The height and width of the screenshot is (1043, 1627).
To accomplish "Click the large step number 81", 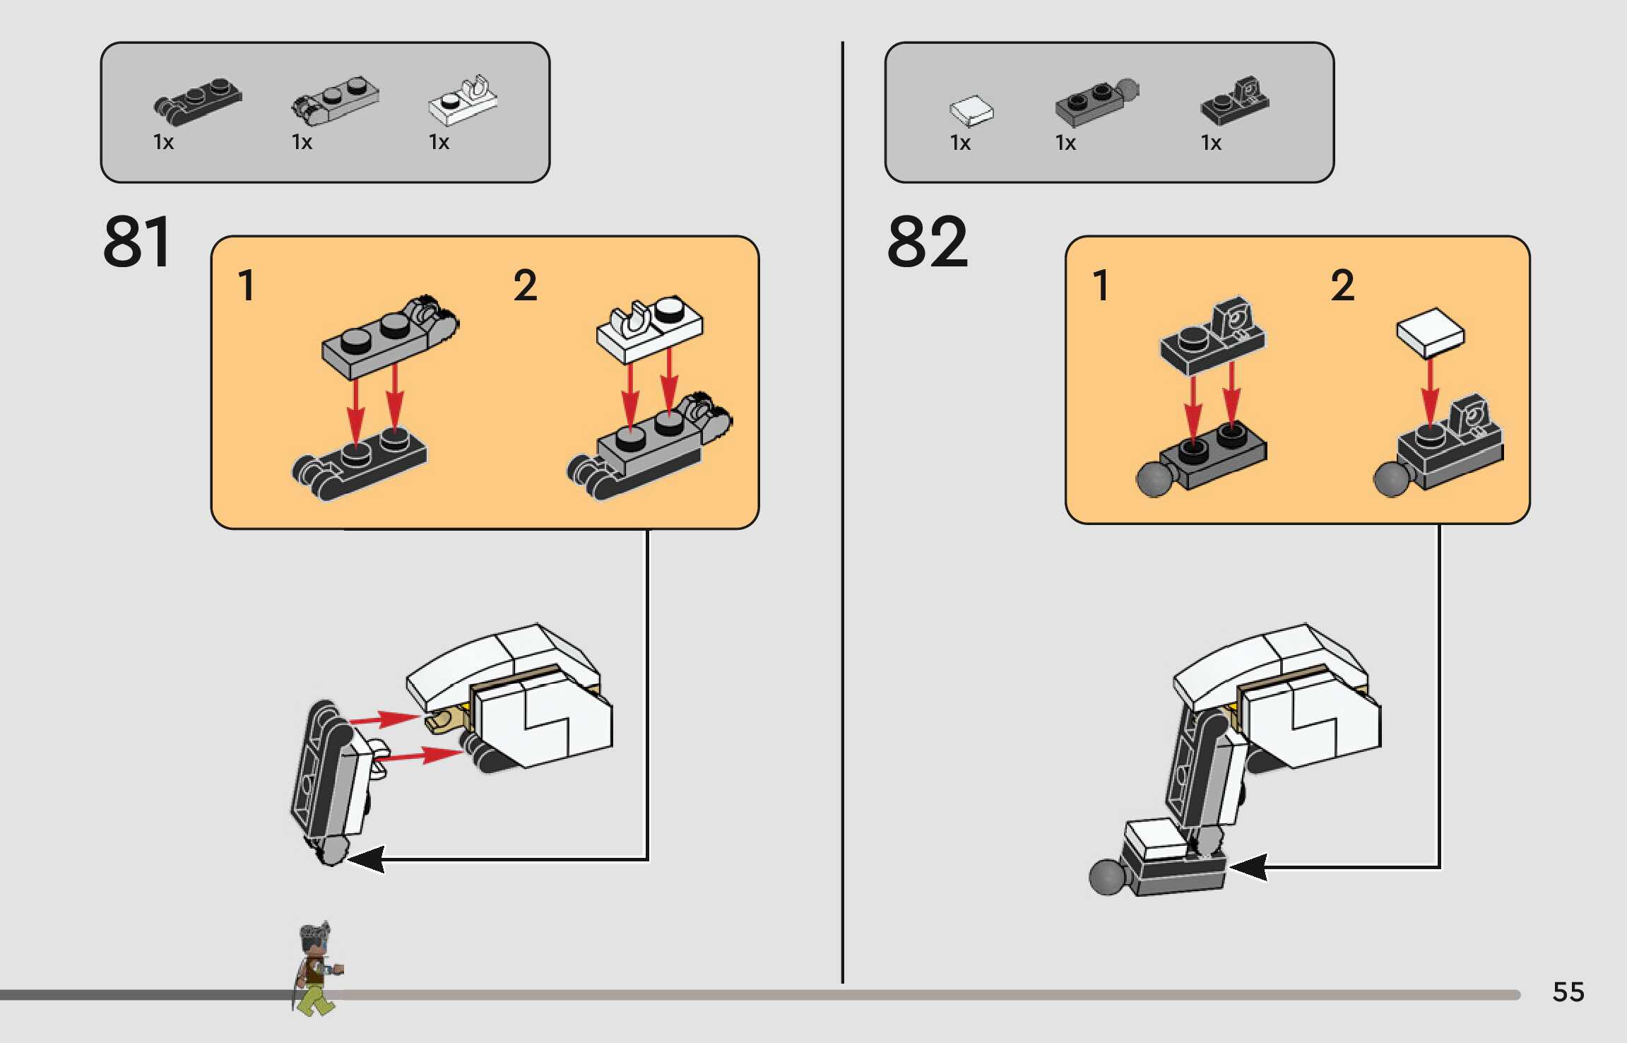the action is point(137,242).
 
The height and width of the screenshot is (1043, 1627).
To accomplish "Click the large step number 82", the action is point(927,242).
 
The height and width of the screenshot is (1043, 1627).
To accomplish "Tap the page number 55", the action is point(1568,992).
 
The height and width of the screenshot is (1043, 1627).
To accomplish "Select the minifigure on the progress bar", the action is point(318,968).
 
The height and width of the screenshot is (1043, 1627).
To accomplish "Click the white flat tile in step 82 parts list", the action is point(971,111).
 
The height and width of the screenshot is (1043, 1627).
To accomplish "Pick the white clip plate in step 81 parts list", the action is point(463,100).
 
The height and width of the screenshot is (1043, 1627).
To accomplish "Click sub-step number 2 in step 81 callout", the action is point(525,285).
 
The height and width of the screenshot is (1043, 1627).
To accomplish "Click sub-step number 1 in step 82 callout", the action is point(1100,285).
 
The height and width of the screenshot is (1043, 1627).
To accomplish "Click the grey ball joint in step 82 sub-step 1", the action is point(1154,479).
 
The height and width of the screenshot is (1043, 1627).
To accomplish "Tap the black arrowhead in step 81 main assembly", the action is point(366,859).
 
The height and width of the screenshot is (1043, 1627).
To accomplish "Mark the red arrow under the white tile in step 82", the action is point(1430,393).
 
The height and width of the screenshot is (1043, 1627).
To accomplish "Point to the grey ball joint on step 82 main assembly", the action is point(1108,876).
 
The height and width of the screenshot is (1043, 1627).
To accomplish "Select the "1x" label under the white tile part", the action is point(960,143).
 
